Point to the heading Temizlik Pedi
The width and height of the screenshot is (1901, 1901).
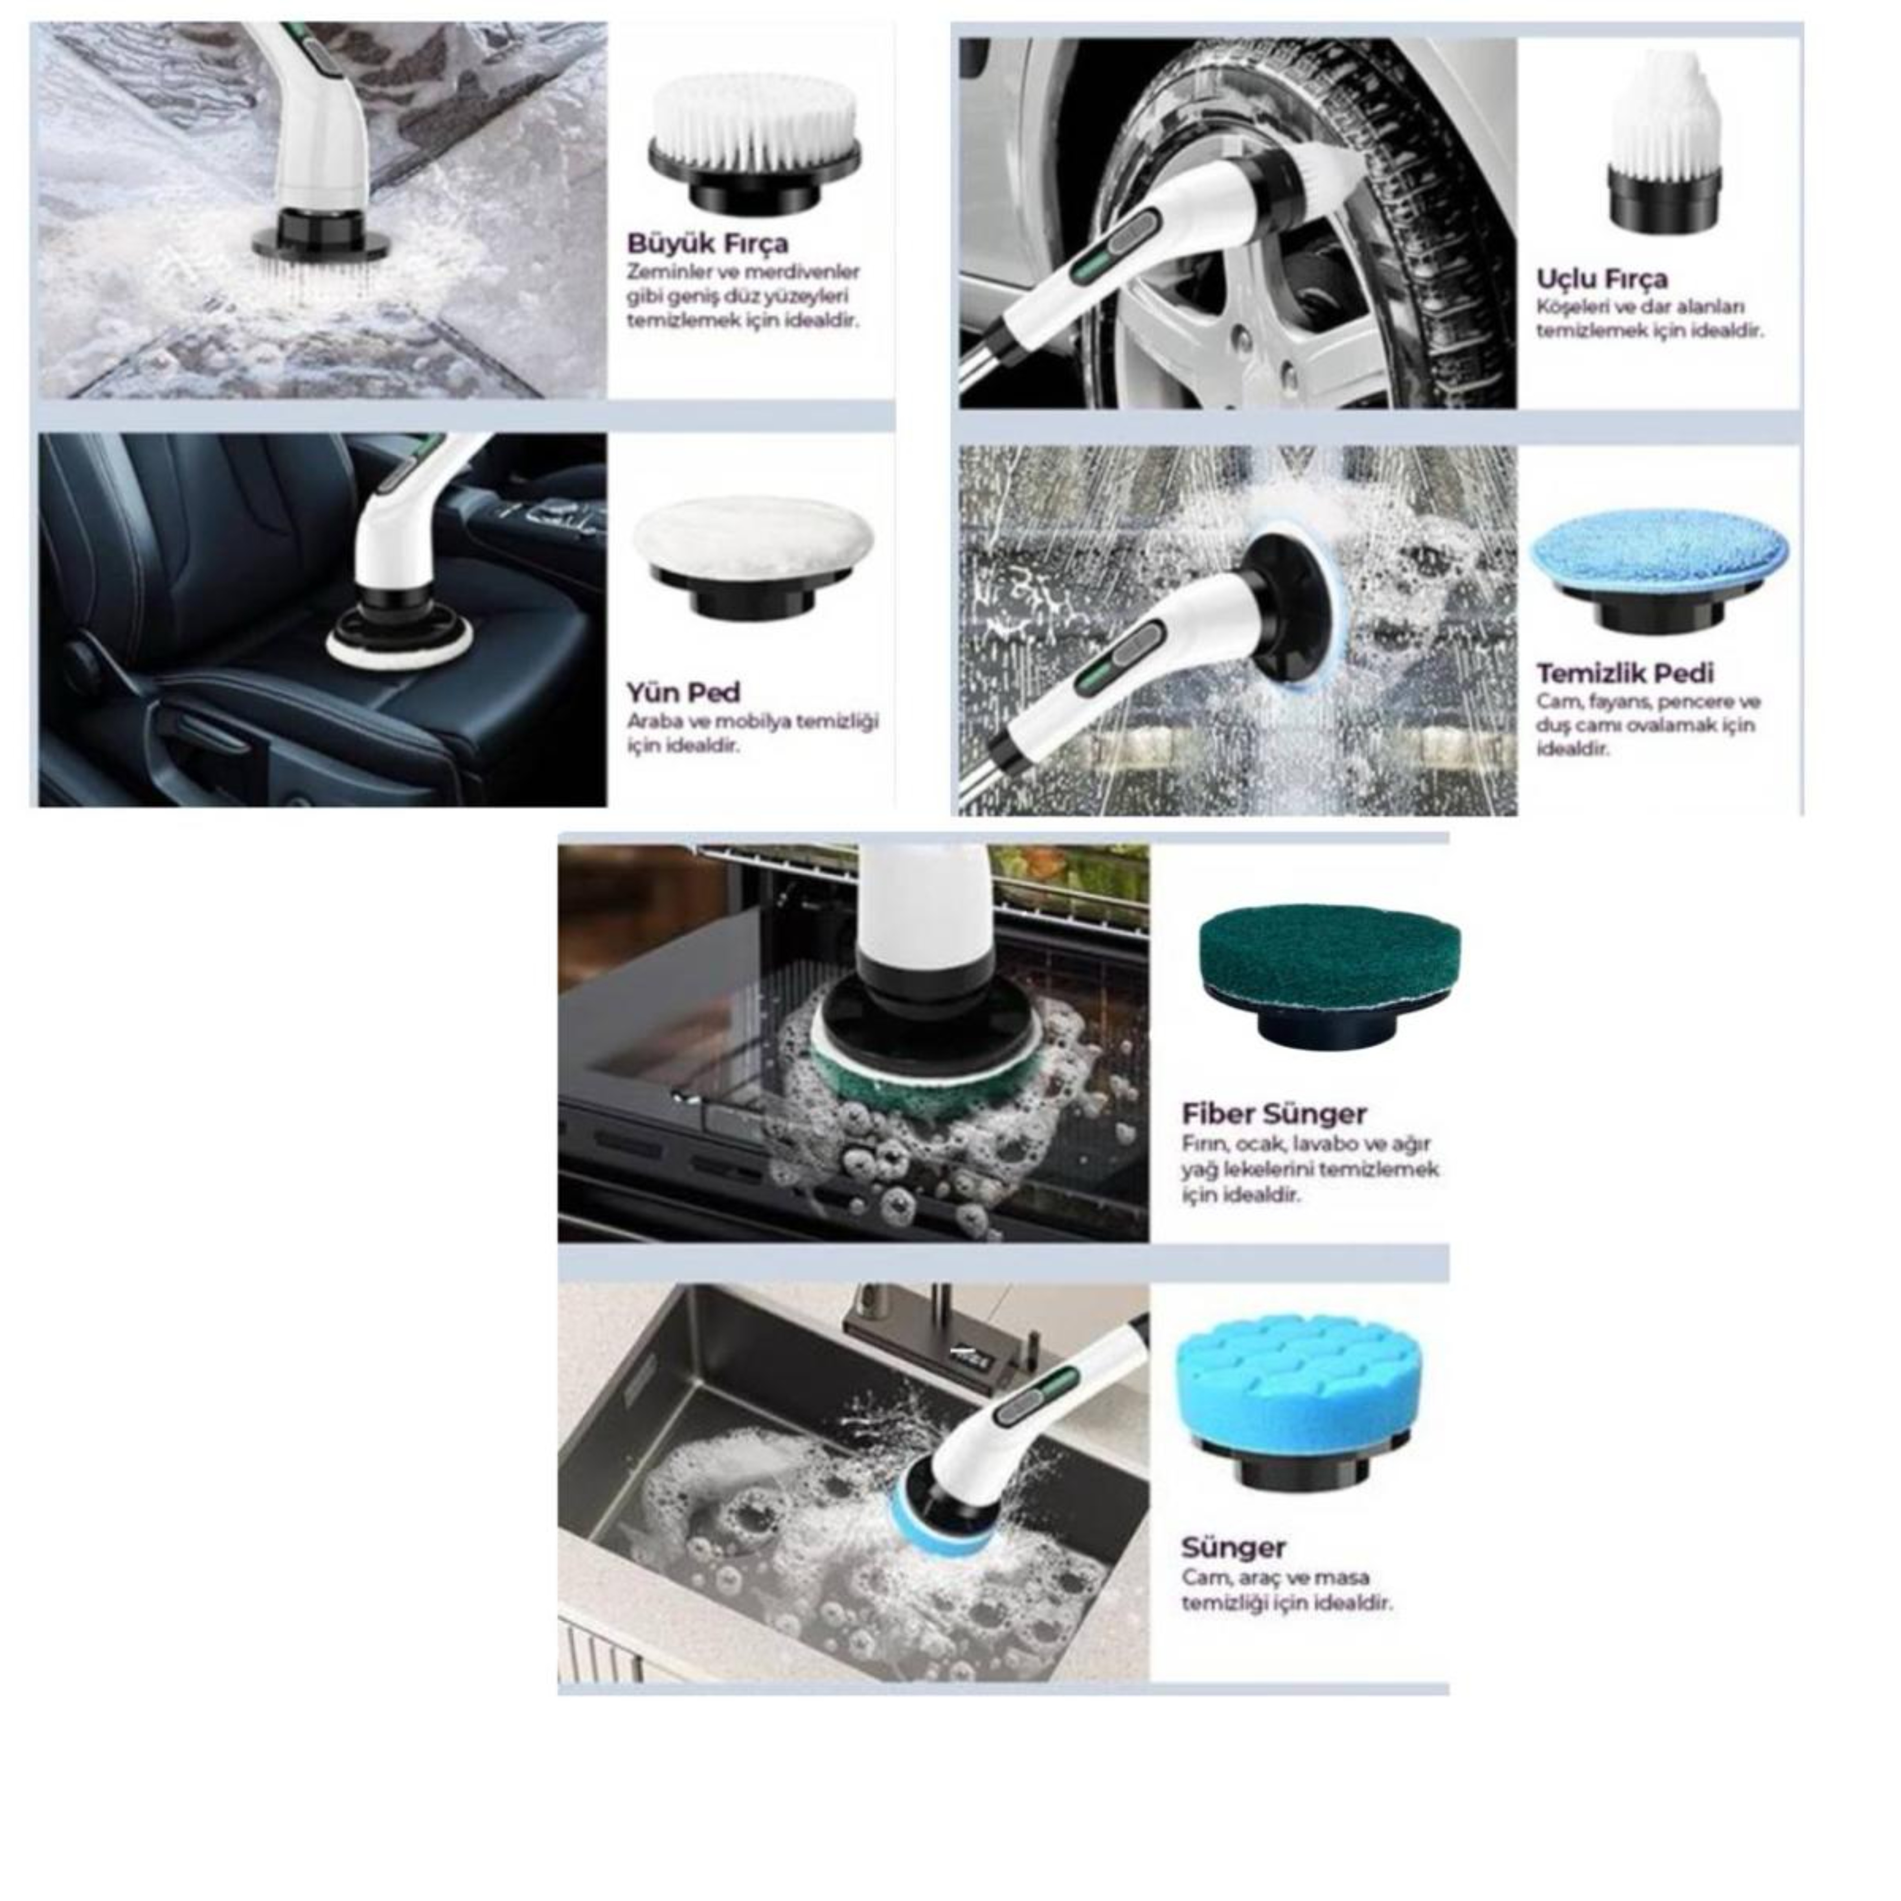pyautogui.click(x=1626, y=674)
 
